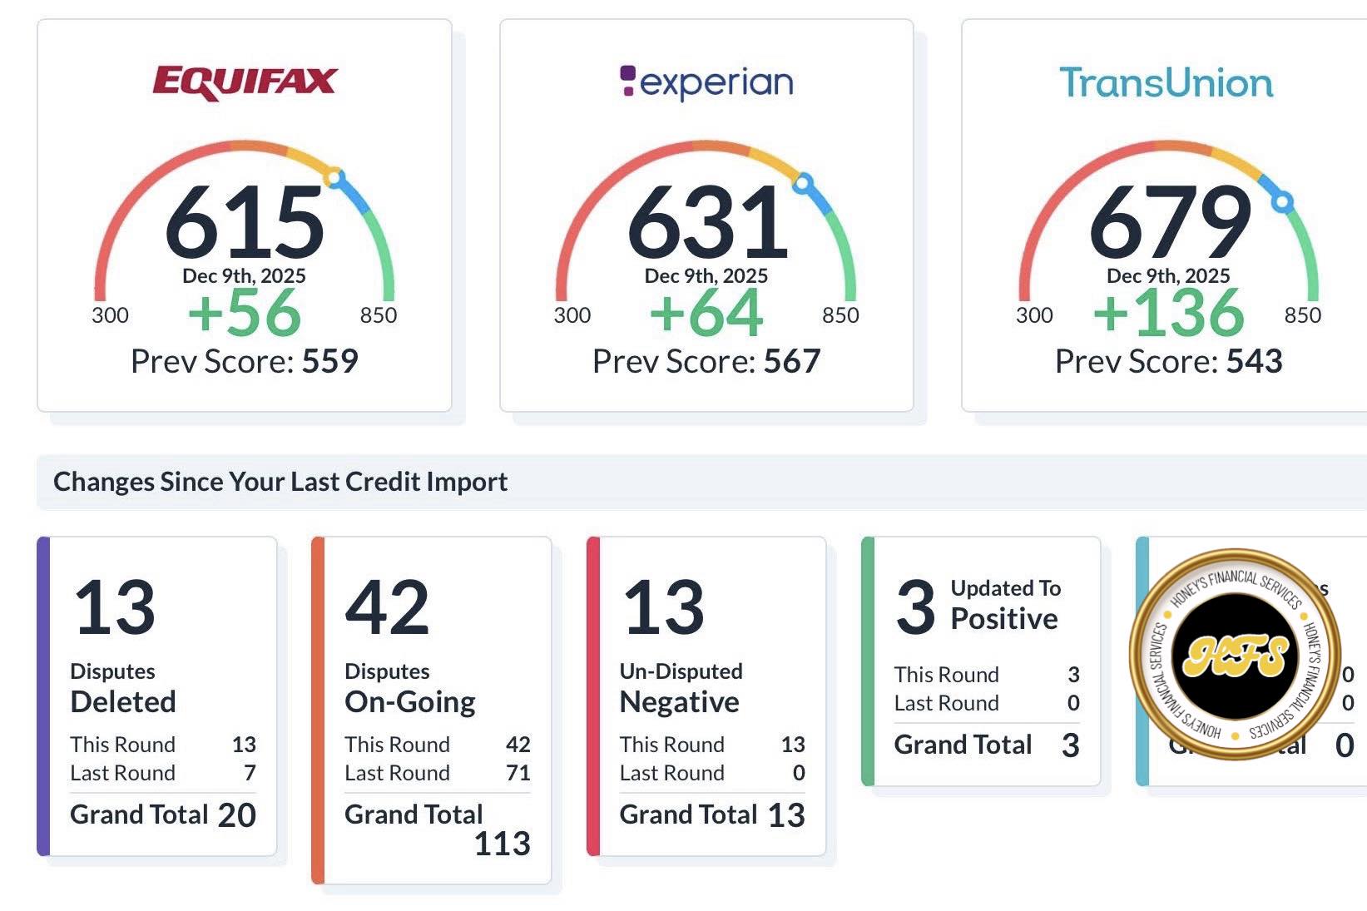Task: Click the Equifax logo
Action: point(245,82)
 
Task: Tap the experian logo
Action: point(706,82)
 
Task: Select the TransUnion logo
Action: point(1166,82)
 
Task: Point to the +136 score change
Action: point(1168,314)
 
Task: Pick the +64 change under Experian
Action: point(706,314)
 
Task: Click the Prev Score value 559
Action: point(330,361)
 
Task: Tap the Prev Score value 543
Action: point(1254,361)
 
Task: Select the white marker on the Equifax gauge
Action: point(333,177)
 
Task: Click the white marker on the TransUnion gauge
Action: point(1283,201)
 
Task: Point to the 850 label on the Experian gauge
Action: point(840,315)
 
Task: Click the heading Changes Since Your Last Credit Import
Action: point(280,482)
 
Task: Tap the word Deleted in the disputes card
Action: point(123,701)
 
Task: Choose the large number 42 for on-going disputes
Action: point(387,607)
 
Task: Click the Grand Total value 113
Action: point(502,844)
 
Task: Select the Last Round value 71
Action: point(518,773)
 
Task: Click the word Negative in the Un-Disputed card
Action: point(679,702)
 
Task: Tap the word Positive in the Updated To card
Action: point(1004,618)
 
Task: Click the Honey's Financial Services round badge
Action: point(1235,655)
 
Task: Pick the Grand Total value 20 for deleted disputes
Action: point(237,815)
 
